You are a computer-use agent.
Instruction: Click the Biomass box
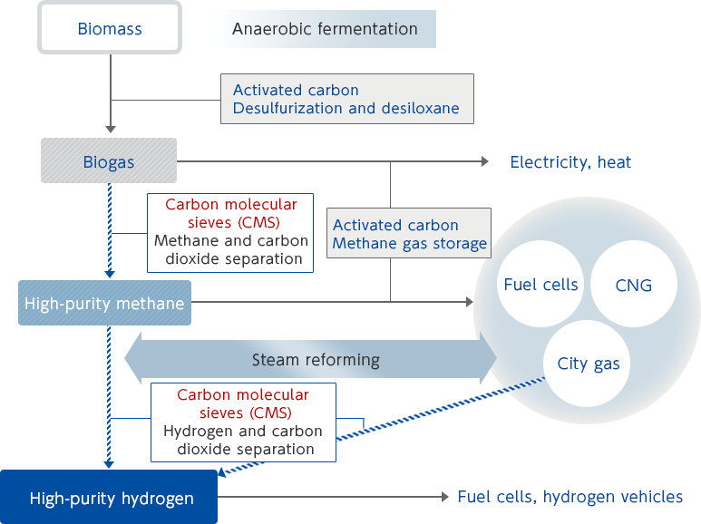[110, 28]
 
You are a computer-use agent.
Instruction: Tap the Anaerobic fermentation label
[325, 29]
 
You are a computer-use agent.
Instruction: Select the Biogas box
[109, 162]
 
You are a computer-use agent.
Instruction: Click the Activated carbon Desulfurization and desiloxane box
[347, 100]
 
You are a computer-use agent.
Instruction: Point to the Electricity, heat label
[570, 162]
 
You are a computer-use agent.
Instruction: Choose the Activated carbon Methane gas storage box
[409, 234]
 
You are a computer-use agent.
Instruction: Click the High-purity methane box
[105, 304]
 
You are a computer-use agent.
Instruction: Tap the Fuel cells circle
[540, 285]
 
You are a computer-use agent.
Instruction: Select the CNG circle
[633, 285]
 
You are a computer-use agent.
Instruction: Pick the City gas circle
[588, 364]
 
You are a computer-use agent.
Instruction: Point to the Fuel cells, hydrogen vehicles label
[570, 497]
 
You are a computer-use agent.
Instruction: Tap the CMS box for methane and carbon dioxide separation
[230, 231]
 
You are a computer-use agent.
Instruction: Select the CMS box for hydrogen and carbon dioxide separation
[243, 422]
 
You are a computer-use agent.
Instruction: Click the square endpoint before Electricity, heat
[484, 161]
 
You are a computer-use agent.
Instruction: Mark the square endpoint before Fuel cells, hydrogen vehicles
[444, 497]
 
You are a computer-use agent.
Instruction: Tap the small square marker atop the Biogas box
[110, 130]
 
